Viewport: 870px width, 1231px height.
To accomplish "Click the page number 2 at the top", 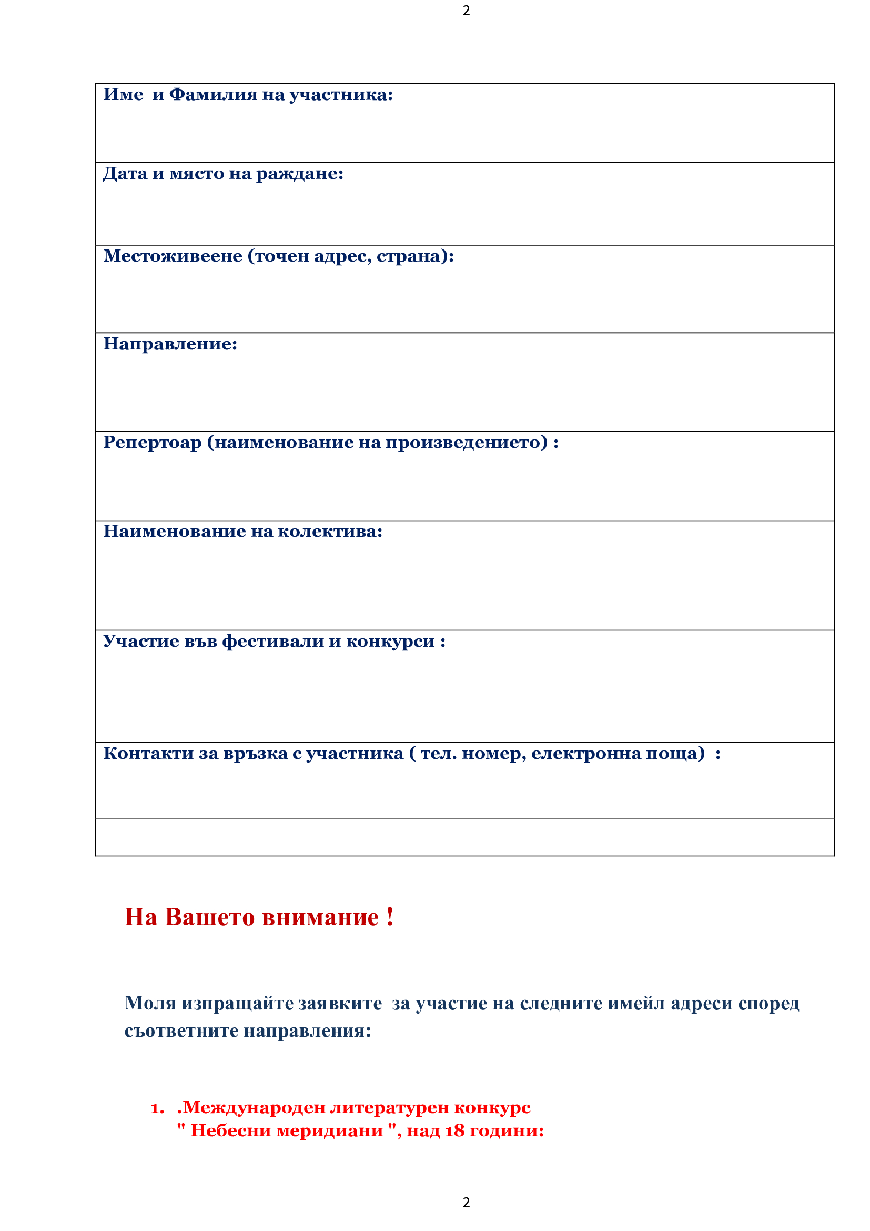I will (466, 11).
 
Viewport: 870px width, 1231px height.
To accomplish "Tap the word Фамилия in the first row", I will (213, 95).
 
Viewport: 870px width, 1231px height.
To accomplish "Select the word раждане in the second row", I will (299, 174).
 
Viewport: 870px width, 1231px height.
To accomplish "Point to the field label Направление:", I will (170, 344).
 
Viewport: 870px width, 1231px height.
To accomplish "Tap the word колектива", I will (330, 532).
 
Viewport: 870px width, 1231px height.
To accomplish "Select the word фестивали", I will (272, 641).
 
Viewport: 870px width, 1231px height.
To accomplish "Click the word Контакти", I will (148, 753).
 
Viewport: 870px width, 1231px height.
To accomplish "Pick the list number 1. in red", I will (157, 1108).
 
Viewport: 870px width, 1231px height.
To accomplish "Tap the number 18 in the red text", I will (455, 1130).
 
